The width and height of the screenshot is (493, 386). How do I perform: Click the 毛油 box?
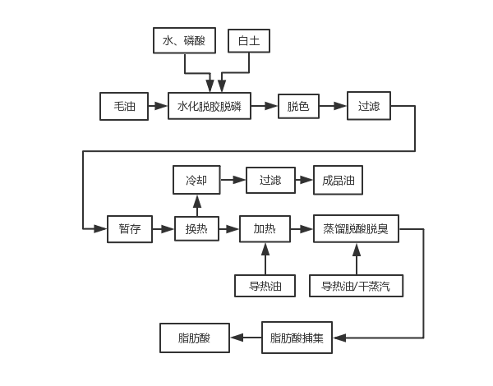[123, 106]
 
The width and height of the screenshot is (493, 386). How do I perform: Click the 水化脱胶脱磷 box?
[209, 106]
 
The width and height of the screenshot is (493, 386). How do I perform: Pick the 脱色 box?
[297, 106]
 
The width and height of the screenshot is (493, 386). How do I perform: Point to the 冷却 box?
[196, 180]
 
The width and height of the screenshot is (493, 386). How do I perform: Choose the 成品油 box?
[337, 180]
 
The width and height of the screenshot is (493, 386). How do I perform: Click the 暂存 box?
[130, 229]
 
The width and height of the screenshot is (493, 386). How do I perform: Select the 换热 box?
[196, 229]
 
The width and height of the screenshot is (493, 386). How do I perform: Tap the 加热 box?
[264, 229]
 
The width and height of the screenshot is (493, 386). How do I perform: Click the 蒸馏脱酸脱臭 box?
[356, 229]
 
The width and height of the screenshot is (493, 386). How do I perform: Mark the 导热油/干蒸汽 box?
[356, 286]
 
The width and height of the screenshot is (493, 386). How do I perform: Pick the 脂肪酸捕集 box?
[297, 338]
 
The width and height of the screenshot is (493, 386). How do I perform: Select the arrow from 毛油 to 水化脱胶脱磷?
[157, 106]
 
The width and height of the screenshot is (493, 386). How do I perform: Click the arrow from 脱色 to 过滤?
[332, 106]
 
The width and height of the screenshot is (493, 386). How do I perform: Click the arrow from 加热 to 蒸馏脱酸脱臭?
[301, 229]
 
